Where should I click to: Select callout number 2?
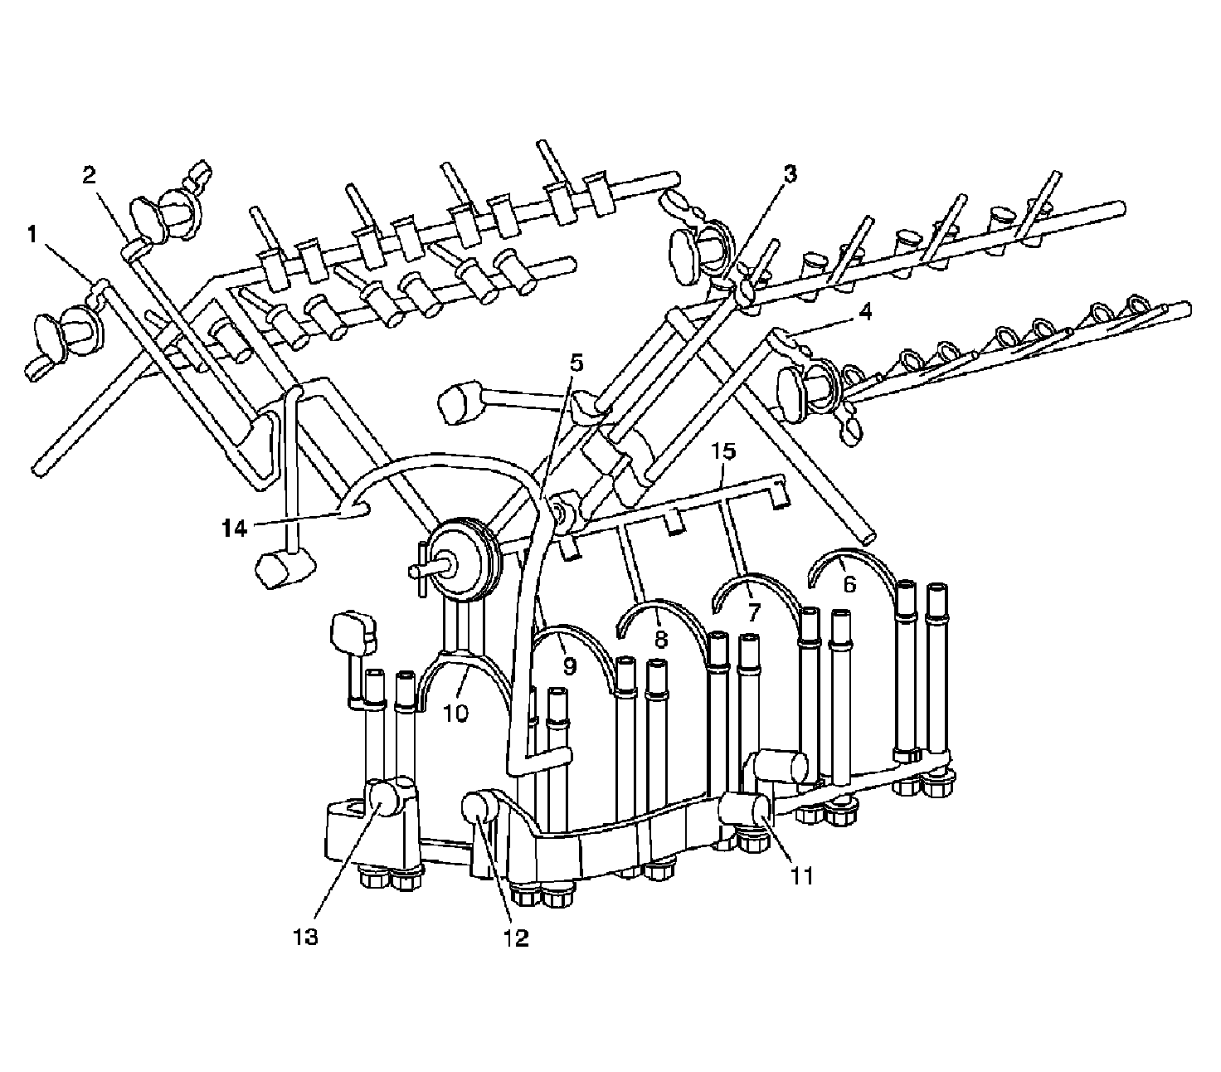coord(89,174)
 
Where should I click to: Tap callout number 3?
coord(790,173)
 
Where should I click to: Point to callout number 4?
coord(865,313)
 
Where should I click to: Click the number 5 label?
coord(576,363)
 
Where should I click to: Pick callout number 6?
coord(849,584)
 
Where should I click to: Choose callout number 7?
coord(753,613)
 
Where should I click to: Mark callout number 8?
coord(660,641)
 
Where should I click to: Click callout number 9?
coord(568,665)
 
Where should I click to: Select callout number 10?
coord(455,711)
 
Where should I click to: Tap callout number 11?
coord(801,875)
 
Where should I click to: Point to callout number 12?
coord(514,937)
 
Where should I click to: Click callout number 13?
coord(305,937)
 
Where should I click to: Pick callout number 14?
coord(235,527)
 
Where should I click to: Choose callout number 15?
coord(723,451)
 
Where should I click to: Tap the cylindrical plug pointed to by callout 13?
coord(385,800)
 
